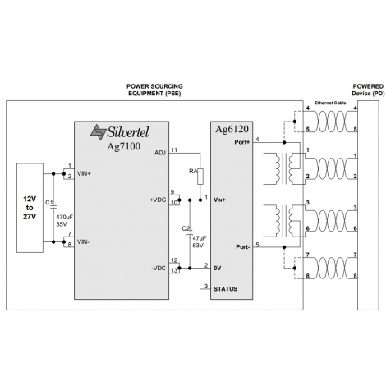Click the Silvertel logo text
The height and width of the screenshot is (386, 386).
[128, 132]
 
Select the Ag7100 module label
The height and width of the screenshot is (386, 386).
[123, 146]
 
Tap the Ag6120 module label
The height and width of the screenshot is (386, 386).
[232, 129]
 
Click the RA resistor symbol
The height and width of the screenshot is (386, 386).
[200, 177]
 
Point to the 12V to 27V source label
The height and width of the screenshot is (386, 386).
[30, 208]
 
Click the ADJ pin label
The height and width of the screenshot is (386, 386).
[160, 153]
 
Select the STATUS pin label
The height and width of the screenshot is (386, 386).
[225, 289]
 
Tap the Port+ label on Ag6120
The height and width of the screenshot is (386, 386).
[242, 142]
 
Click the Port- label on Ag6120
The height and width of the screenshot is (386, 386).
[243, 247]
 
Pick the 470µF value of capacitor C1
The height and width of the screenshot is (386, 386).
[65, 217]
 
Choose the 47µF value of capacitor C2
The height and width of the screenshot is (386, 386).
[200, 238]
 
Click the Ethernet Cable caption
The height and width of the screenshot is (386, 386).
[330, 103]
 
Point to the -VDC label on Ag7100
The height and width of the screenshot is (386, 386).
[159, 269]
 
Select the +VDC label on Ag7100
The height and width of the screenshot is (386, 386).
[158, 200]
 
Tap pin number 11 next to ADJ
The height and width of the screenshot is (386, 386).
[174, 150]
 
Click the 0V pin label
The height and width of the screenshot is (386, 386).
[217, 269]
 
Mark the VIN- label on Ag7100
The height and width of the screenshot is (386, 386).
[83, 242]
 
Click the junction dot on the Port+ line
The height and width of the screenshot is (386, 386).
[284, 142]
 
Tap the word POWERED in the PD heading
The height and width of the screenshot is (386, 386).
[368, 86]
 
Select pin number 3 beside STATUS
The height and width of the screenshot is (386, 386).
[206, 286]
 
